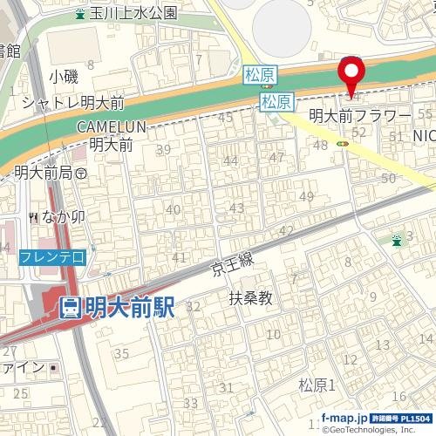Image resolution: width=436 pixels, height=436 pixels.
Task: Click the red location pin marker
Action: [351, 75]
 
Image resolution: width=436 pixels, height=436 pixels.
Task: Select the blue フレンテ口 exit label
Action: [52, 256]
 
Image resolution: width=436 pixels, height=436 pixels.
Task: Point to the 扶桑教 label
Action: [251, 298]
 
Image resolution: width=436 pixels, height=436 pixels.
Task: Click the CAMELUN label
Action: [111, 127]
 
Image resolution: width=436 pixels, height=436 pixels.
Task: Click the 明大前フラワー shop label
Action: [360, 115]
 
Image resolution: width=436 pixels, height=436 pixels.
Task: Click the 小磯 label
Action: [65, 77]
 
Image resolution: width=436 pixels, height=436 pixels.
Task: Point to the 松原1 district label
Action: [317, 385]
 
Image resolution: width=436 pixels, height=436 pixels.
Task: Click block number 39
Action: [162, 150]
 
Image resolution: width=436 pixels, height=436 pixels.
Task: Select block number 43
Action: [236, 208]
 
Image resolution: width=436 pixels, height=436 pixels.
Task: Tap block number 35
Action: [121, 353]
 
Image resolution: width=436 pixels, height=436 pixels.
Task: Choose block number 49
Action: [306, 196]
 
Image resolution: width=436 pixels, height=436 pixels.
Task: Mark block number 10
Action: [274, 334]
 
